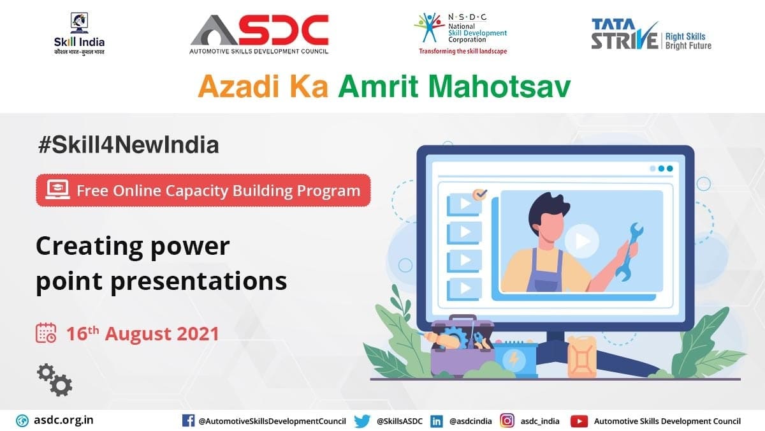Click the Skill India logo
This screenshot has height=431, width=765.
[79, 34]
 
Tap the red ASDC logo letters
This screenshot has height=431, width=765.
[283, 30]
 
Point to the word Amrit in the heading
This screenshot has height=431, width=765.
[378, 87]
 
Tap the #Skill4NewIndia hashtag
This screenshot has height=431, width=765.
[128, 145]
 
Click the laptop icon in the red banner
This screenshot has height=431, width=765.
[57, 189]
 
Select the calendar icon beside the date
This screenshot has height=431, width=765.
[46, 333]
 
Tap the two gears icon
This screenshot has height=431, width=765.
[55, 380]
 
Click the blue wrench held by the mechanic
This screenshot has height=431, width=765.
[629, 252]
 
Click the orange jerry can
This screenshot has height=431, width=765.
[581, 356]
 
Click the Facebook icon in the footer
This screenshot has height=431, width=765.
[188, 421]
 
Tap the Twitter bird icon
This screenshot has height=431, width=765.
[362, 421]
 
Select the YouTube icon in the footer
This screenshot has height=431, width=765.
[579, 421]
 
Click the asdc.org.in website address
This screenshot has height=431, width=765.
[64, 420]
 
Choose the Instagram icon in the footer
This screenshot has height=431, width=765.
[507, 421]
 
